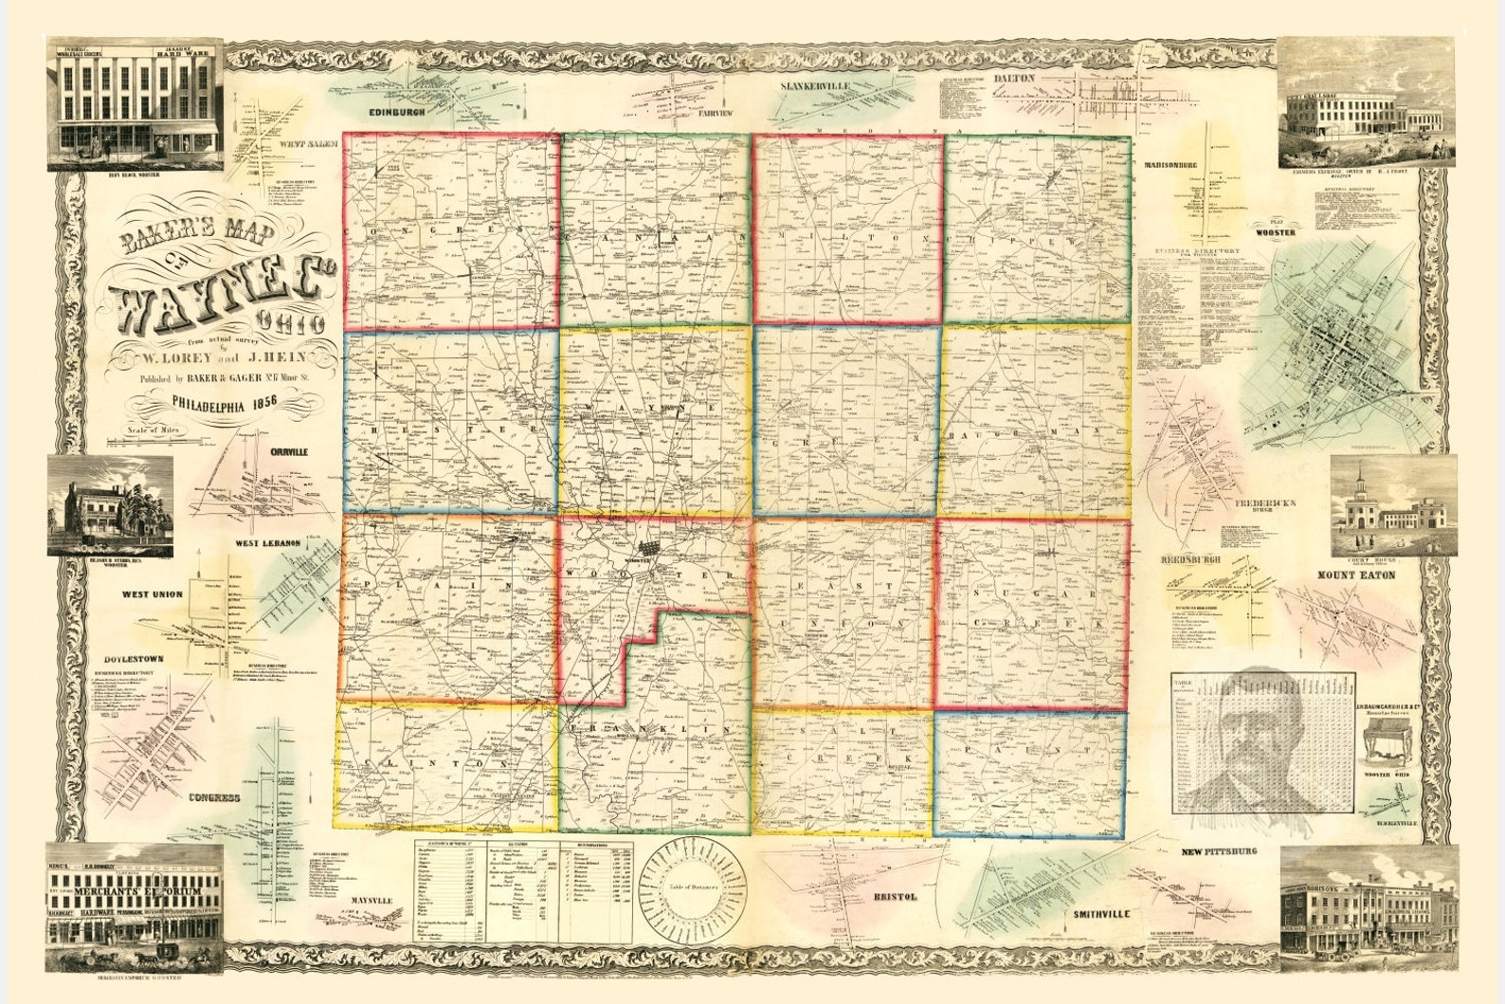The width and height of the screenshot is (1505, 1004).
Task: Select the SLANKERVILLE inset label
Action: [x=815, y=86]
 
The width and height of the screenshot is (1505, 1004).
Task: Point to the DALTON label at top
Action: [x=1014, y=79]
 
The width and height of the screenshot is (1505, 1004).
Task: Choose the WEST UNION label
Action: [x=151, y=594]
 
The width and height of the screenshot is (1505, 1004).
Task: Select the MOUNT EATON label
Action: [x=1369, y=575]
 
